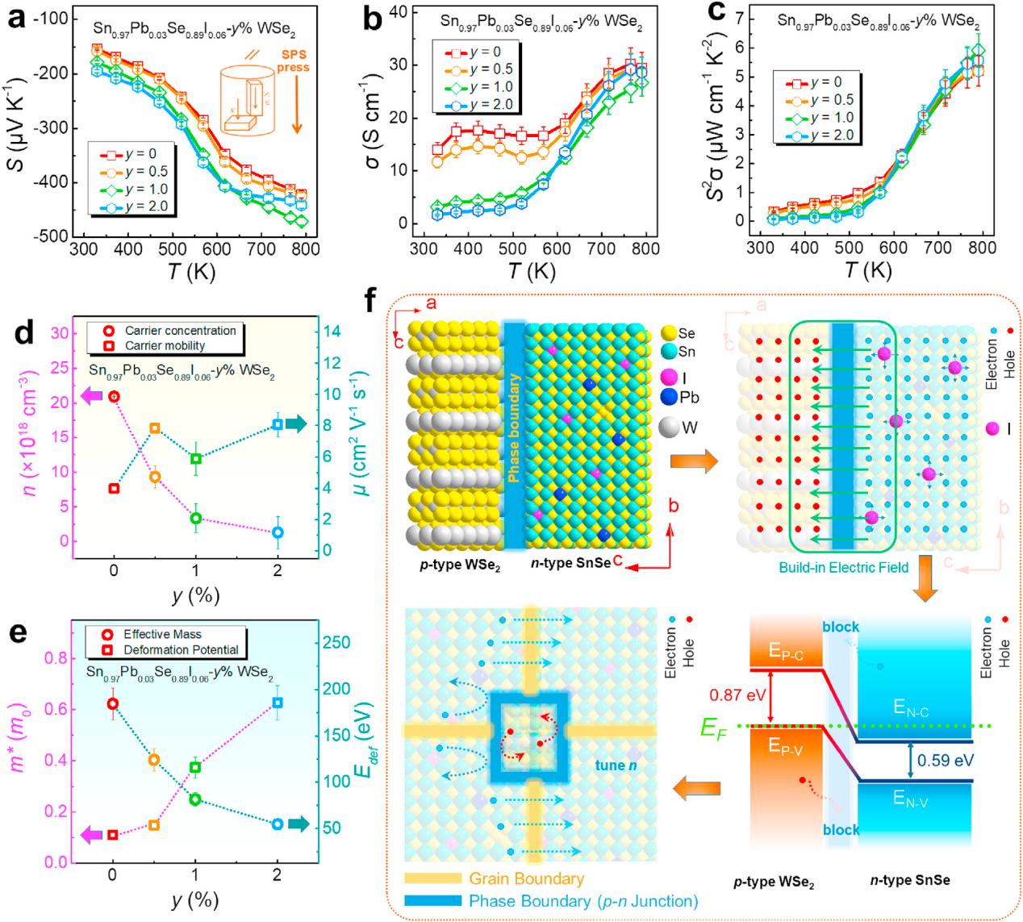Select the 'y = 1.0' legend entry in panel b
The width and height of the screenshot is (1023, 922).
tap(490, 86)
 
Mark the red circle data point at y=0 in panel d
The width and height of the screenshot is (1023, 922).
tap(114, 396)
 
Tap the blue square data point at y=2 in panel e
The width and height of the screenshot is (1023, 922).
tap(278, 703)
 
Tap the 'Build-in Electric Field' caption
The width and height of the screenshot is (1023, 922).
tap(843, 568)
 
